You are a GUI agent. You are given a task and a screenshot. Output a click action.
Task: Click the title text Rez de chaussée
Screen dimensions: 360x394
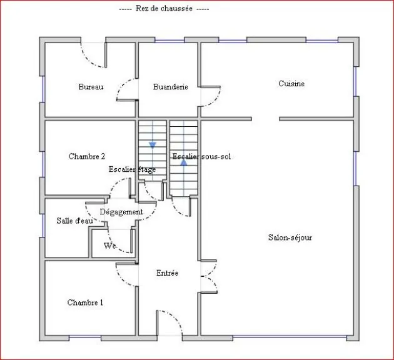pyautogui.click(x=164, y=9)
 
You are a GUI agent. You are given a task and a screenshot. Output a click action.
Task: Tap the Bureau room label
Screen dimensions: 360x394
pyautogui.click(x=91, y=87)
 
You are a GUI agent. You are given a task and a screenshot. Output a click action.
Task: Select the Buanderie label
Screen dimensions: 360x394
pyautogui.click(x=170, y=87)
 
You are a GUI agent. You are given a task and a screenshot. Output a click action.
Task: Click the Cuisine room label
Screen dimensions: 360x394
pyautogui.click(x=291, y=83)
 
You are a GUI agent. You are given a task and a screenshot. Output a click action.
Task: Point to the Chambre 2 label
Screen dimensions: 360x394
pyautogui.click(x=86, y=156)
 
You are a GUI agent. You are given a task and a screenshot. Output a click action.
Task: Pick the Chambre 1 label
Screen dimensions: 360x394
pyautogui.click(x=85, y=302)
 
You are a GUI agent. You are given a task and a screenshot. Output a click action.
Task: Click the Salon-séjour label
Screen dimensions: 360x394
pyautogui.click(x=290, y=237)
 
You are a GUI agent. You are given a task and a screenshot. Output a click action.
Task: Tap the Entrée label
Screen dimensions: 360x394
pyautogui.click(x=167, y=273)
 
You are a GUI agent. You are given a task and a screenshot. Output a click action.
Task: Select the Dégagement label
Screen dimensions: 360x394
pyautogui.click(x=121, y=212)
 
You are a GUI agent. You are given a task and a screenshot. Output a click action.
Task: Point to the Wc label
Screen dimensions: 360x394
pyautogui.click(x=110, y=246)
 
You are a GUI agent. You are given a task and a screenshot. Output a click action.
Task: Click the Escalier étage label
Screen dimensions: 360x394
pyautogui.click(x=132, y=169)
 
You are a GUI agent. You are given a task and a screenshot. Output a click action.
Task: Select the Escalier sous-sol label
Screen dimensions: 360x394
pyautogui.click(x=201, y=156)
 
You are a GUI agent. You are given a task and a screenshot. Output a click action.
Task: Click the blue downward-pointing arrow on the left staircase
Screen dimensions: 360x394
pyautogui.click(x=152, y=145)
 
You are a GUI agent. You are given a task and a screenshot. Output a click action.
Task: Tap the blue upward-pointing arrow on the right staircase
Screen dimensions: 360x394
pyautogui.click(x=184, y=161)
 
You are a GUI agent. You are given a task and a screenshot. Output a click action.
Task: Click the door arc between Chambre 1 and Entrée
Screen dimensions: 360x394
pyautogui.click(x=125, y=276)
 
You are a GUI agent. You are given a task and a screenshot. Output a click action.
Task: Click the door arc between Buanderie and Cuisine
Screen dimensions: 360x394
pyautogui.click(x=211, y=96)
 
